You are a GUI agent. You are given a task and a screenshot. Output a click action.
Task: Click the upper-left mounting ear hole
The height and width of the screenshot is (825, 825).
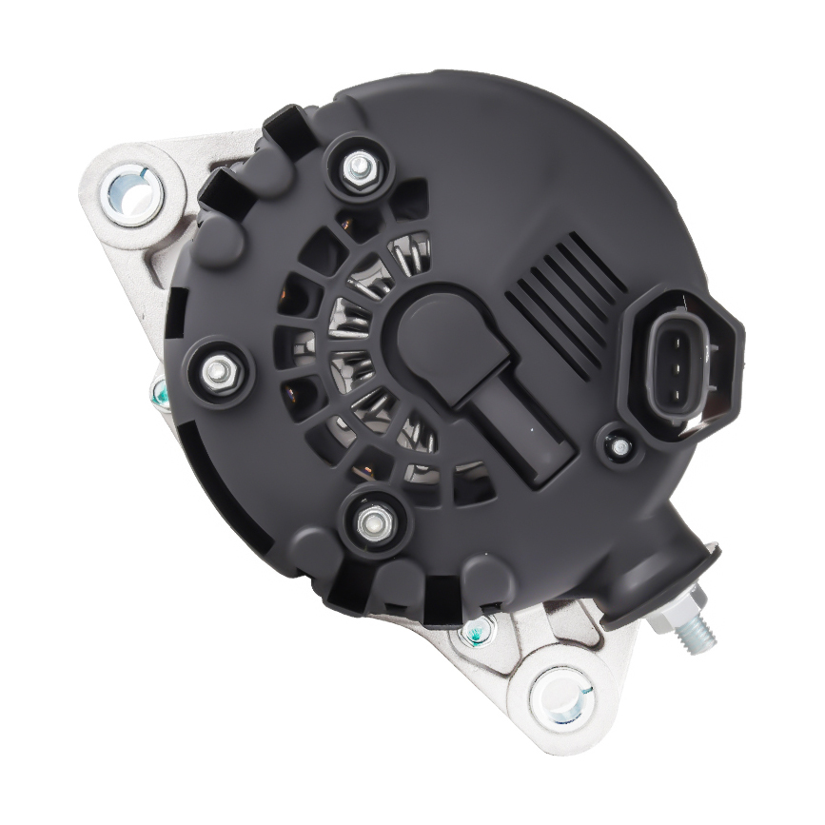pos(132,193)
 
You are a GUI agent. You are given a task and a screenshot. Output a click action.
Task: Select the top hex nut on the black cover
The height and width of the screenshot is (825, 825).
pos(360,167)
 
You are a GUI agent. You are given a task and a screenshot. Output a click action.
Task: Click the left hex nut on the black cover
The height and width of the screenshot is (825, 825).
pos(219,371)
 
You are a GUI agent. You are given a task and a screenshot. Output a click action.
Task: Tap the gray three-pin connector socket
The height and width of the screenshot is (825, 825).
pos(678,364)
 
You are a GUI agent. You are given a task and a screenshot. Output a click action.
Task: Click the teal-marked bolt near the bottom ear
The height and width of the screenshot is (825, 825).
pos(471,629)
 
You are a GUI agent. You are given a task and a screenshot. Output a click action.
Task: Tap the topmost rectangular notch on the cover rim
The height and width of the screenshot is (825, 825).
pos(285,128)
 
